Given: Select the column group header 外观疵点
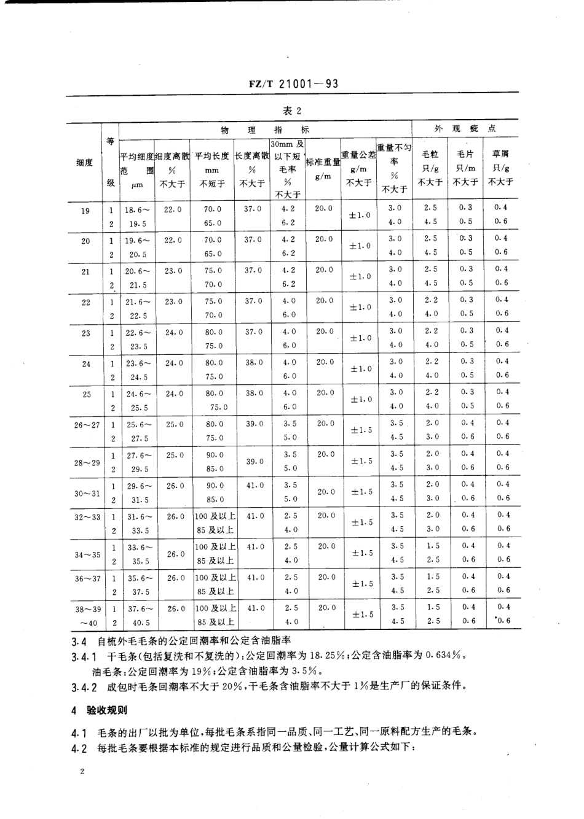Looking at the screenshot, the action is click(465, 130).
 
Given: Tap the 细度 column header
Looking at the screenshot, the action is click(85, 163).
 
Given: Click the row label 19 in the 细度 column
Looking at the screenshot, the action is click(85, 211).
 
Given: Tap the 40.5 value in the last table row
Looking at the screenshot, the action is click(139, 621).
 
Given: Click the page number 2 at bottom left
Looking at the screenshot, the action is click(81, 772).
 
